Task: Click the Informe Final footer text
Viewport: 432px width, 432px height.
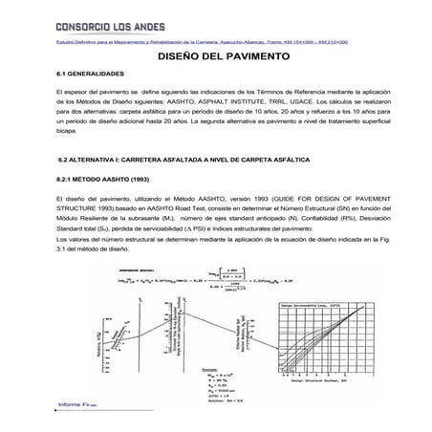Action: (81, 405)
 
